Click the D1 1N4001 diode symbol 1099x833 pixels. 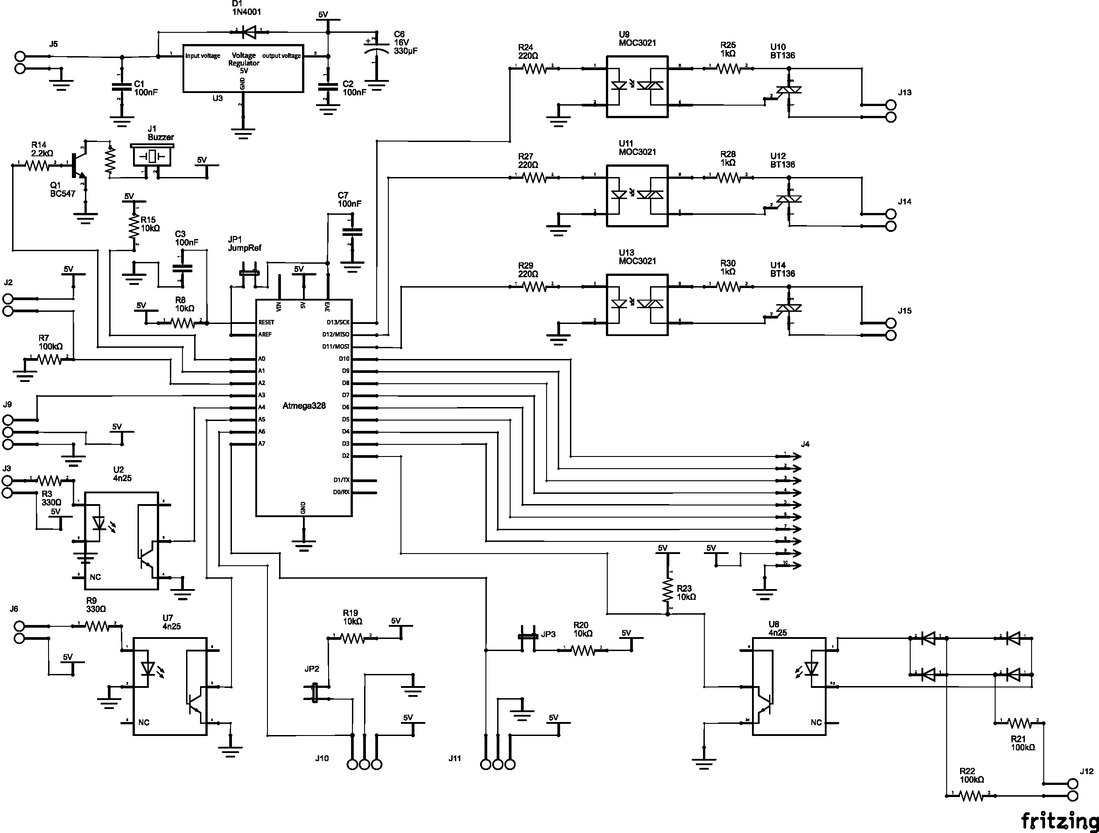(249, 33)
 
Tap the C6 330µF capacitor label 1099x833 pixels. (405, 43)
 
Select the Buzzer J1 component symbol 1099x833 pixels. (151, 156)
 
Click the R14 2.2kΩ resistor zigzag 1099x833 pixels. (37, 165)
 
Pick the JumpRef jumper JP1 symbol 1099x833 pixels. (249, 273)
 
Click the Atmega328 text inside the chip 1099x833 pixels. (303, 406)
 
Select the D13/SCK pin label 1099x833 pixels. (338, 322)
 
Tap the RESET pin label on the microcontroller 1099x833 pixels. (266, 322)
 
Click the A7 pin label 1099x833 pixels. (261, 443)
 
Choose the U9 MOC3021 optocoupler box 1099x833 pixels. (637, 86)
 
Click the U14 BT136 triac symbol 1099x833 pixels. (789, 309)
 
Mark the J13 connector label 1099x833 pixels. (904, 93)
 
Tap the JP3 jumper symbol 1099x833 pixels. (528, 636)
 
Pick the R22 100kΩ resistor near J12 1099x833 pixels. (970, 810)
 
